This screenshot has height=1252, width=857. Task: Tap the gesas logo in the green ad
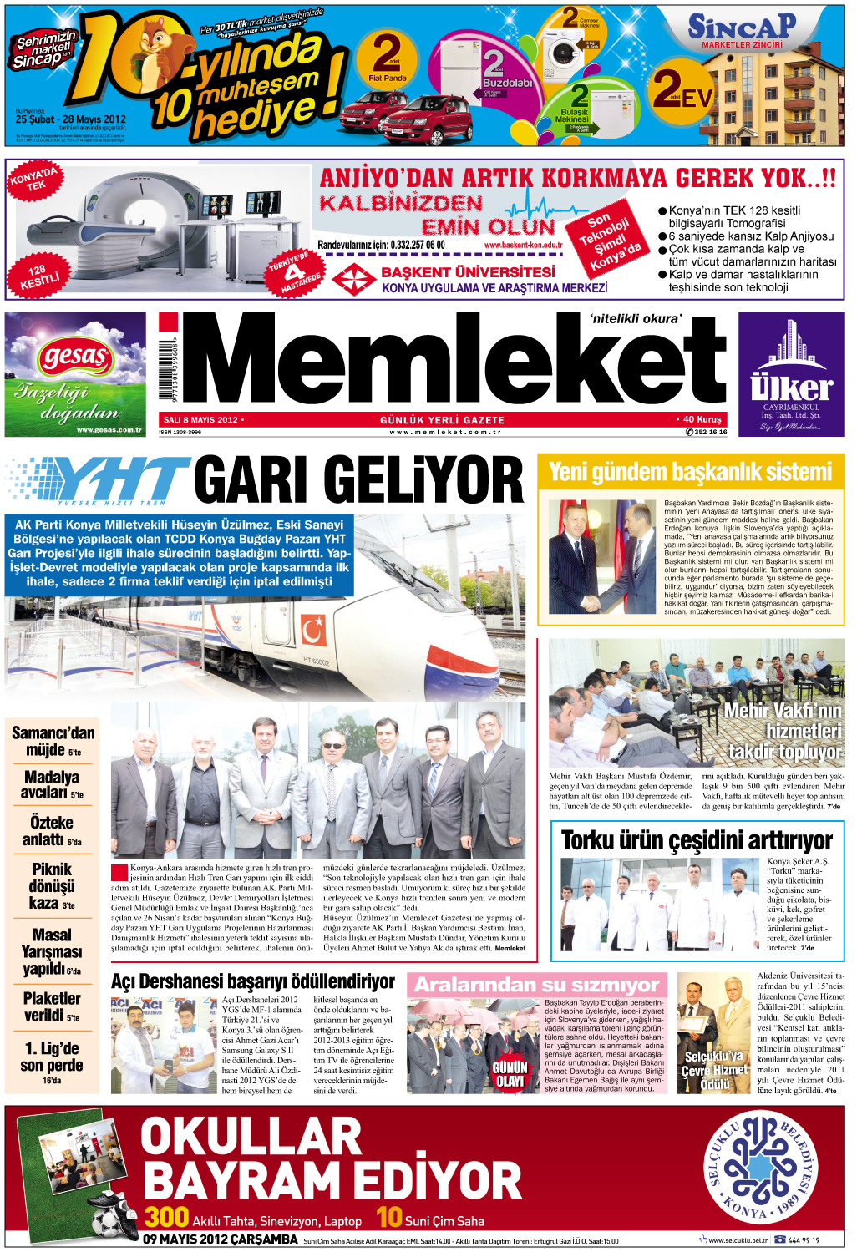(x=74, y=358)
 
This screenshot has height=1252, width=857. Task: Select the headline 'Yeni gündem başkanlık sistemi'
(x=690, y=472)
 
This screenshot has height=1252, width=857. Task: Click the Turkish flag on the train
(x=313, y=629)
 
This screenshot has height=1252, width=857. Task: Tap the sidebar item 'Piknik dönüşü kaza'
(x=52, y=885)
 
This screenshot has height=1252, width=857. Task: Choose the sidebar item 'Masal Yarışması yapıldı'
(x=52, y=951)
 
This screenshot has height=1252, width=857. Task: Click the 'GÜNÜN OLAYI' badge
(x=510, y=1073)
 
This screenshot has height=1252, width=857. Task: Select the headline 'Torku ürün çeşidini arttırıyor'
(x=697, y=839)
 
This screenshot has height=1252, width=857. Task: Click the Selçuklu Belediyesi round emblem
(x=760, y=1165)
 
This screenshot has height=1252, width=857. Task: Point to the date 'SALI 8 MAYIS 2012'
(x=200, y=420)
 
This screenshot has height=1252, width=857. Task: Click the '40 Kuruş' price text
(x=699, y=419)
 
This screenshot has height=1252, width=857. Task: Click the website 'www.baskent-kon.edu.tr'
(x=523, y=245)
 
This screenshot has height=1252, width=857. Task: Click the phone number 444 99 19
(x=803, y=1240)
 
